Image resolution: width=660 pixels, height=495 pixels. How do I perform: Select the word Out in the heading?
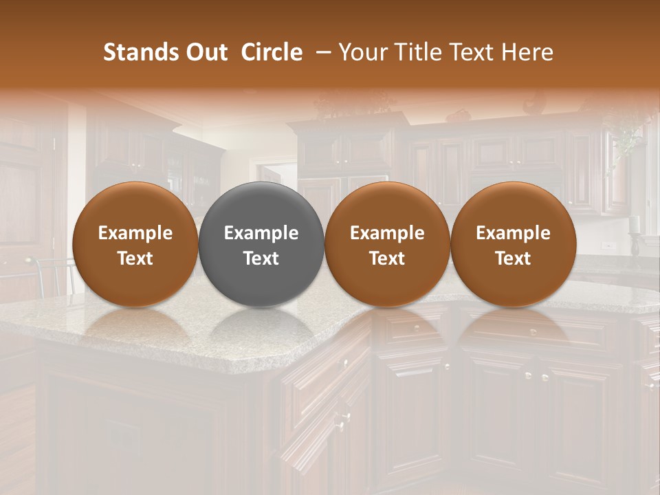pyautogui.click(x=206, y=52)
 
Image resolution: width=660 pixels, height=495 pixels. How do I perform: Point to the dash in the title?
pyautogui.click(x=320, y=52)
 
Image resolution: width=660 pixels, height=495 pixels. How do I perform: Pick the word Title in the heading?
pyautogui.click(x=417, y=52)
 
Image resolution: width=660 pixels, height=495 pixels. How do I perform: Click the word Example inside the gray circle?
pyautogui.click(x=261, y=233)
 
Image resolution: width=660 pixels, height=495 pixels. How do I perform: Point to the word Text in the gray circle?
pyautogui.click(x=261, y=258)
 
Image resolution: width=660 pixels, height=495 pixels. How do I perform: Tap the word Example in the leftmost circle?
pyautogui.click(x=135, y=233)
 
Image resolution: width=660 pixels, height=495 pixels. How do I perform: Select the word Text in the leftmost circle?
pyautogui.click(x=135, y=258)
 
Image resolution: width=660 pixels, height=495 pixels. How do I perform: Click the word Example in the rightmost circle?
pyautogui.click(x=514, y=233)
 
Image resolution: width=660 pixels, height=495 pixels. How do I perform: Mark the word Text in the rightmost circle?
pyautogui.click(x=514, y=258)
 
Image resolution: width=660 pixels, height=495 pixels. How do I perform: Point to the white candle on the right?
pyautogui.click(x=633, y=223)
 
